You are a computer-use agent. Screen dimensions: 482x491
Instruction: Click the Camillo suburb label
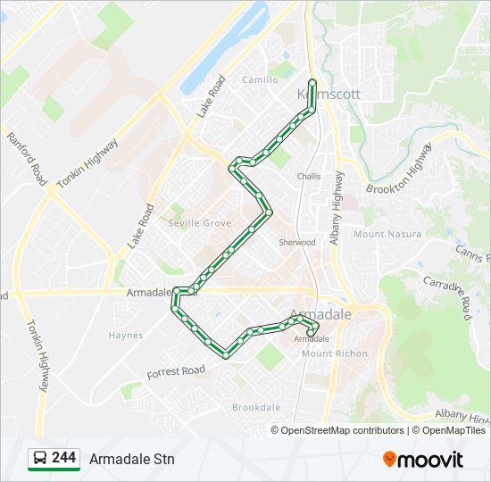click(x=260, y=79)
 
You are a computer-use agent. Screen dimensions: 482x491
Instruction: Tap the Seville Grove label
click(x=200, y=223)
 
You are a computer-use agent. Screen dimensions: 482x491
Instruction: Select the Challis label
click(x=309, y=177)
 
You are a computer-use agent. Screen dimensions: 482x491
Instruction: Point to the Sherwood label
click(x=297, y=243)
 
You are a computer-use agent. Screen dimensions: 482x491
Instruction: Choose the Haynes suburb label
click(x=126, y=336)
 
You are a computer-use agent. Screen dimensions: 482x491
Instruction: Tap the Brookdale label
click(x=256, y=407)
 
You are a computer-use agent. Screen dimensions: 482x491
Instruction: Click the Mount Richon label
click(x=335, y=354)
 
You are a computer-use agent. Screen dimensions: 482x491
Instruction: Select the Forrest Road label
click(x=177, y=371)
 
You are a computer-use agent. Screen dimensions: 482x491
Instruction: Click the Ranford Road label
click(x=26, y=157)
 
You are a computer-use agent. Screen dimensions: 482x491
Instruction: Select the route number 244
click(x=64, y=458)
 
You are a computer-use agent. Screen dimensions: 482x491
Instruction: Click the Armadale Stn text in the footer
click(x=132, y=459)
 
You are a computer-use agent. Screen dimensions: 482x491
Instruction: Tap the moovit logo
click(x=423, y=459)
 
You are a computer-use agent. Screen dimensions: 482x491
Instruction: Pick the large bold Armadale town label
click(x=326, y=314)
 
